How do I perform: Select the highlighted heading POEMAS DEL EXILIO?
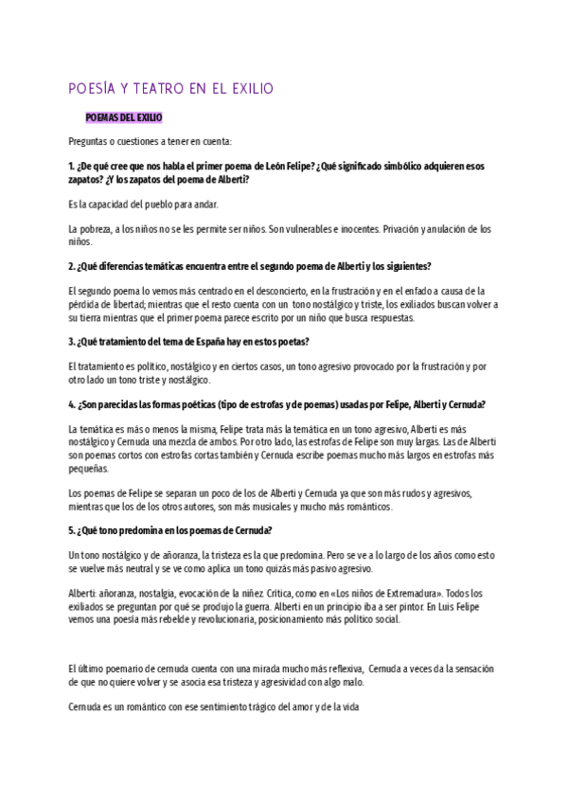[124, 117]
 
